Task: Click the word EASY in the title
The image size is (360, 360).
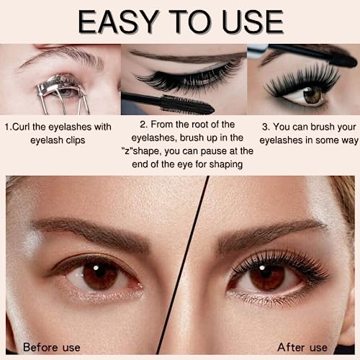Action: pos(118,22)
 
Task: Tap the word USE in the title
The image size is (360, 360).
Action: pos(253,22)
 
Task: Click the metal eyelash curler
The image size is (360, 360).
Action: pos(63,94)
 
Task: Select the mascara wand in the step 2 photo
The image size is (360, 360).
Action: pos(168,104)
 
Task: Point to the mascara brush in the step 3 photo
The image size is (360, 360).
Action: pos(312,54)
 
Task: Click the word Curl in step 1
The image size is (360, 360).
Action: pos(21,127)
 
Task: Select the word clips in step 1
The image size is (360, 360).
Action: pos(76,140)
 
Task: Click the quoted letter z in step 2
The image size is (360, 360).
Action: pos(127,151)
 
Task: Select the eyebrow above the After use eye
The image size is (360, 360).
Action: pos(271,234)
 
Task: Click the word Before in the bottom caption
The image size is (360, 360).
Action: pos(40,347)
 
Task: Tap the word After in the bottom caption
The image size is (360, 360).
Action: pos(291,347)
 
